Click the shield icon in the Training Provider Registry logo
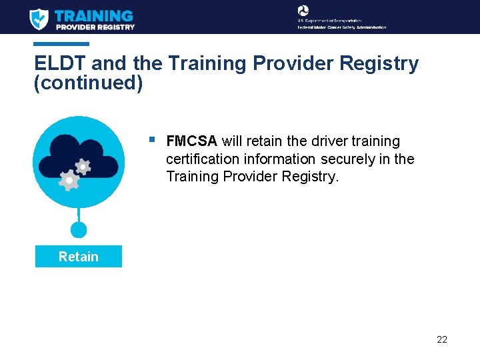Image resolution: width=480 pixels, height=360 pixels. tap(39, 19)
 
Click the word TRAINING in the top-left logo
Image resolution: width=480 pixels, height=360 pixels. tap(93, 15)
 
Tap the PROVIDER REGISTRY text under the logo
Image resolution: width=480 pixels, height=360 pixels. tap(95, 27)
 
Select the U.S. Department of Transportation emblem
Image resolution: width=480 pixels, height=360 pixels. tap(303, 10)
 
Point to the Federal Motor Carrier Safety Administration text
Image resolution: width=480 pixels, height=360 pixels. tap(341, 27)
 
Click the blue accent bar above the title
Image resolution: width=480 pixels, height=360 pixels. tap(61, 44)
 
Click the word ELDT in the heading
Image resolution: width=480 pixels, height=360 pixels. tap(60, 64)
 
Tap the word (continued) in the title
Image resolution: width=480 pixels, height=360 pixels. tap(88, 85)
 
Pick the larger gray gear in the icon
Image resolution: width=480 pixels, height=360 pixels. tap(69, 180)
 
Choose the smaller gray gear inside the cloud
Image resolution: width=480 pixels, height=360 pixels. tap(83, 166)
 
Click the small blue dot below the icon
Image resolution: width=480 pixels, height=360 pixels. tap(79, 230)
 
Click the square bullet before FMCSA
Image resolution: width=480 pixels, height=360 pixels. tap(153, 140)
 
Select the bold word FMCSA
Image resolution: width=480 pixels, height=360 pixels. tap(191, 141)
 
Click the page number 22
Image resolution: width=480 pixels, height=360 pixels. tap(441, 339)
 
